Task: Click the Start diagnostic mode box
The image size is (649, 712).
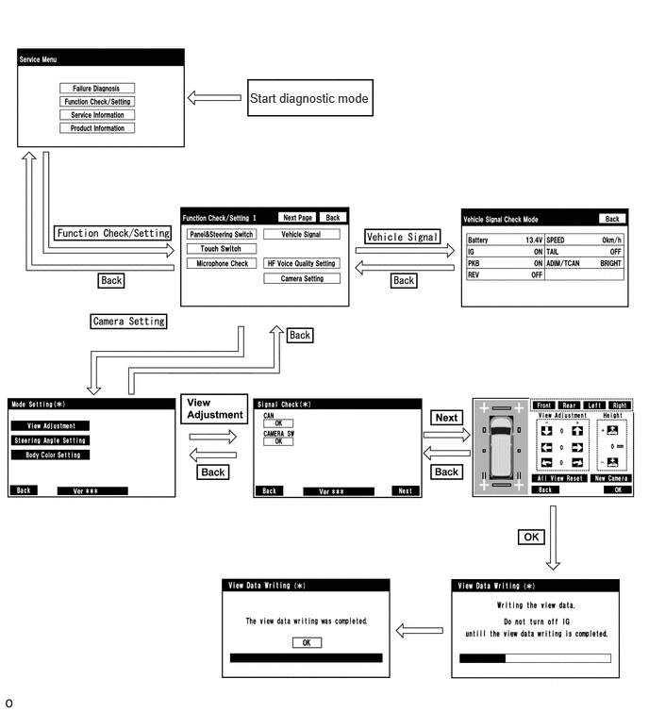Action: (309, 98)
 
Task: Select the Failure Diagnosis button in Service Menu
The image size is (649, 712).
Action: (97, 88)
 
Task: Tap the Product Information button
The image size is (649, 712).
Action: (97, 128)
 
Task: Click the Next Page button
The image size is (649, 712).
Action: (297, 218)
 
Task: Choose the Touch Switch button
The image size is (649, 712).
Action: (221, 248)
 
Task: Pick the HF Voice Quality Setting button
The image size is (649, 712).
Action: (302, 263)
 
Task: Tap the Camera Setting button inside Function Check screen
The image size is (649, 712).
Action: (302, 278)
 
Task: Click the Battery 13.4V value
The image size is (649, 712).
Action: (534, 240)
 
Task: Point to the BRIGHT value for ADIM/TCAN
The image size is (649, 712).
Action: (610, 263)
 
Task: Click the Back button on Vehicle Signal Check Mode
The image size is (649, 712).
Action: (612, 219)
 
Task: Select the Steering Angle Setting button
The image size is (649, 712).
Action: (50, 440)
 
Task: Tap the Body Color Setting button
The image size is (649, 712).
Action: (50, 455)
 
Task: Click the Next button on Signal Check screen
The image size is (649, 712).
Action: (405, 491)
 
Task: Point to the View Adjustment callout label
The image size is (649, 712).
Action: (214, 408)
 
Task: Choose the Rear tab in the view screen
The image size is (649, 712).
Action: (569, 406)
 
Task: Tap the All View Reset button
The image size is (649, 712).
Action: (559, 478)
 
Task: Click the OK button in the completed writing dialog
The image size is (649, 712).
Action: (307, 642)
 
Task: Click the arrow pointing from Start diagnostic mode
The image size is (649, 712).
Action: (214, 98)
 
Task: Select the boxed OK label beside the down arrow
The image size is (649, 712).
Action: (531, 538)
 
